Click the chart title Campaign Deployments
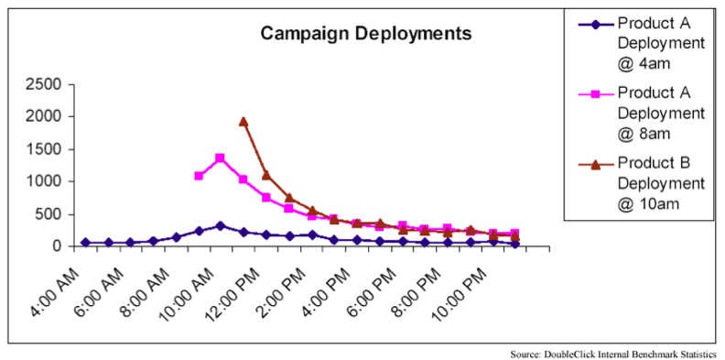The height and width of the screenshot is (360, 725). click(x=366, y=34)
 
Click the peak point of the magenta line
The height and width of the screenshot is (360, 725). click(x=221, y=158)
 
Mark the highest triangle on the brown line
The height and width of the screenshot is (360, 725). click(x=243, y=121)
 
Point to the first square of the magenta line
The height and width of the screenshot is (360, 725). click(x=199, y=175)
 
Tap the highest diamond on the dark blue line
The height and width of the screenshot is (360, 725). click(x=221, y=225)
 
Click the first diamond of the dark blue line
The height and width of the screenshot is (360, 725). click(x=86, y=243)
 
